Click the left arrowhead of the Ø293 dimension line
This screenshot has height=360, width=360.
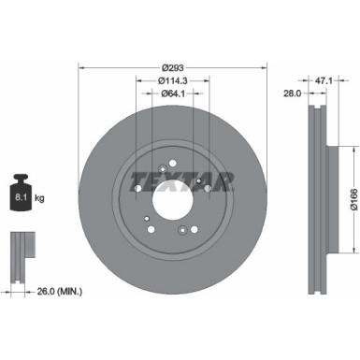pos(81,66)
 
